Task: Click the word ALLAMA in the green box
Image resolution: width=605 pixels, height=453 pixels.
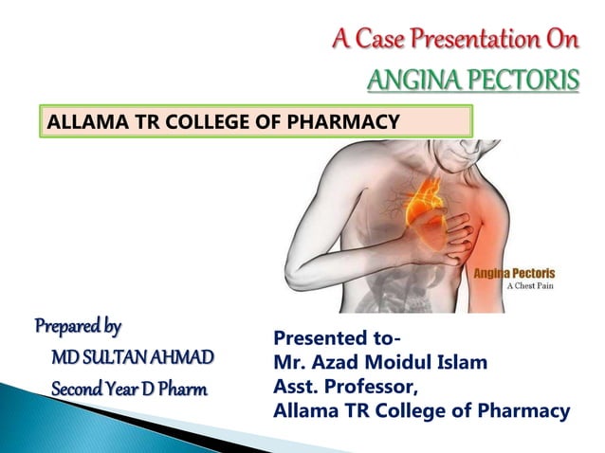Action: (x=81, y=120)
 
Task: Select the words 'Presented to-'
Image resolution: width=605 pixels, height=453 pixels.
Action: (x=337, y=337)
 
